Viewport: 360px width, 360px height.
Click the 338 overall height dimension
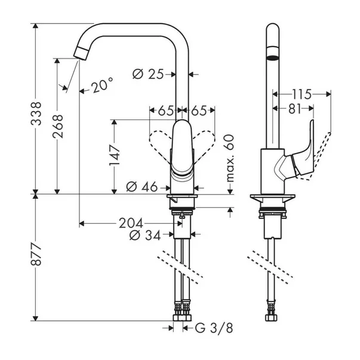[36, 113]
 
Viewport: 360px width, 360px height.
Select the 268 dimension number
[58, 126]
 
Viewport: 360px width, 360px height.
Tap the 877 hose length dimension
[36, 254]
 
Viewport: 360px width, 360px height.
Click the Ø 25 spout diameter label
[148, 74]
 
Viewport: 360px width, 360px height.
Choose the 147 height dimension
[115, 155]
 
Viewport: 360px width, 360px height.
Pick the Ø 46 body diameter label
[142, 187]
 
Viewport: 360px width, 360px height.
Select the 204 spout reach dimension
[131, 223]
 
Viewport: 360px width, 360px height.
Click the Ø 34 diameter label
[145, 235]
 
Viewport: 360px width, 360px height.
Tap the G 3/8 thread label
[214, 328]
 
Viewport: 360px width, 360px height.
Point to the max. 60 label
[230, 158]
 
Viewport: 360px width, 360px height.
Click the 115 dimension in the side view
[301, 94]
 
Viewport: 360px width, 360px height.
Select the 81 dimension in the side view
[294, 109]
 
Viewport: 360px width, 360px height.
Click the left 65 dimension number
[165, 111]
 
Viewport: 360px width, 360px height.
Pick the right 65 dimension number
[199, 111]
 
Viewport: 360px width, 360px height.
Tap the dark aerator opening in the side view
[272, 58]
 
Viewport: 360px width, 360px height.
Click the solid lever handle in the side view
[301, 156]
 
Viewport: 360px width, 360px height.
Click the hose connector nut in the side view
[271, 318]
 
